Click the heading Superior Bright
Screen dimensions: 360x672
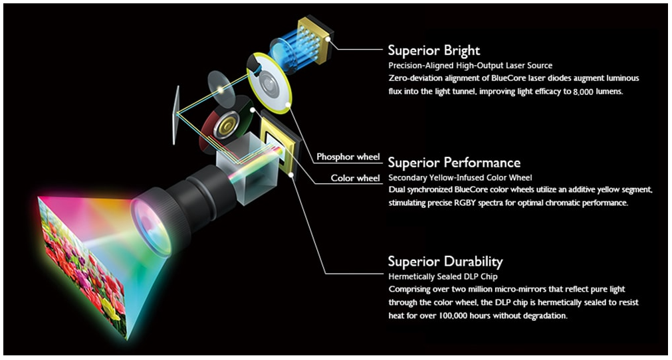(x=433, y=50)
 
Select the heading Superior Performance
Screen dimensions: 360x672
(x=454, y=163)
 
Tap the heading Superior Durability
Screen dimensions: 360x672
(x=445, y=261)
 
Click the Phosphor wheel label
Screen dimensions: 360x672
(x=348, y=157)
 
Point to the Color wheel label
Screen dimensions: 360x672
(x=356, y=178)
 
